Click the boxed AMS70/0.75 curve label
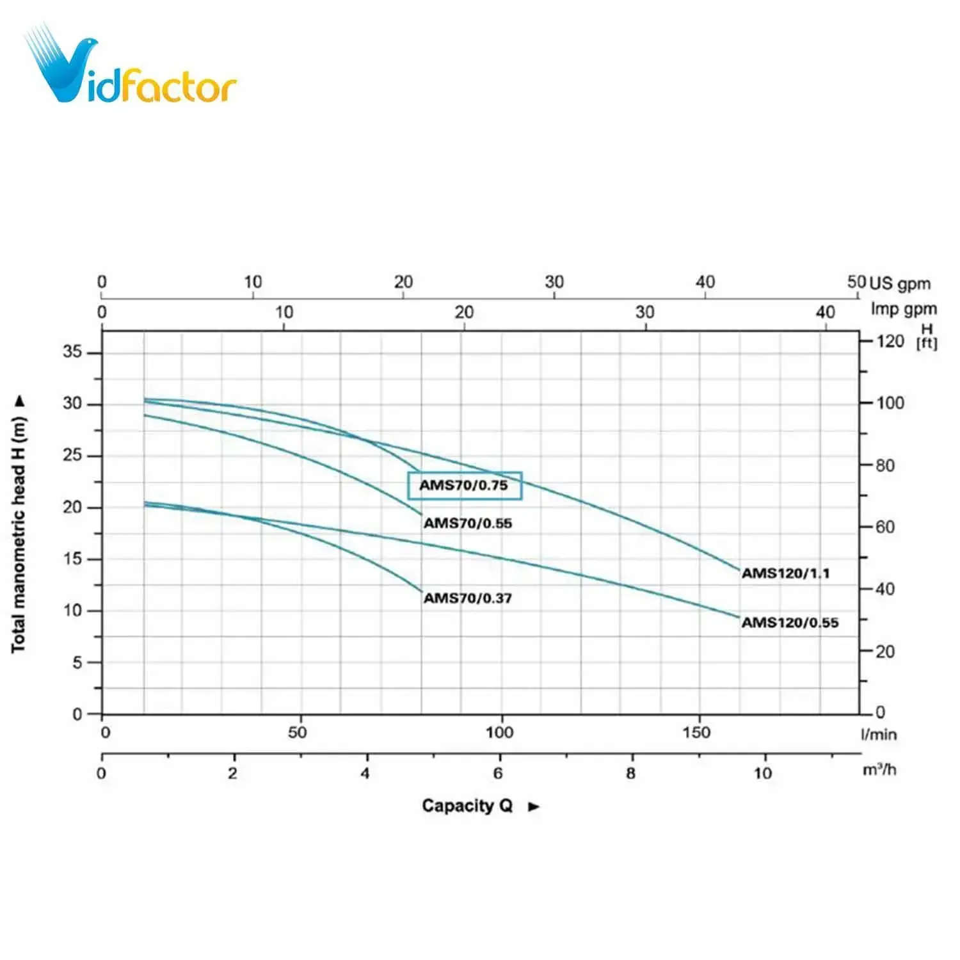[x=465, y=486]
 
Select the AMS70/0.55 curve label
[x=468, y=524]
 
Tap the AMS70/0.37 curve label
[x=468, y=598]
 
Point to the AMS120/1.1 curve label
[x=785, y=573]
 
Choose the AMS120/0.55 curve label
[x=790, y=623]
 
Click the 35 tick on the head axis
[x=72, y=352]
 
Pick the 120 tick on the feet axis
[x=890, y=340]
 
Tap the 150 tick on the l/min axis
[x=696, y=733]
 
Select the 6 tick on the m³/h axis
[x=498, y=774]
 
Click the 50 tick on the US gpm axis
[x=856, y=282]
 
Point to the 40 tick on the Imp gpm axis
[x=825, y=312]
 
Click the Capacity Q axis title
[x=467, y=806]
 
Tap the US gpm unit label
[x=900, y=284]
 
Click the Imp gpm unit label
[x=903, y=310]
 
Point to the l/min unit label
[x=878, y=735]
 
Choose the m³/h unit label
[x=879, y=770]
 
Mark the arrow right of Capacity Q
[x=534, y=807]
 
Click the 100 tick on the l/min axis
[x=499, y=733]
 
